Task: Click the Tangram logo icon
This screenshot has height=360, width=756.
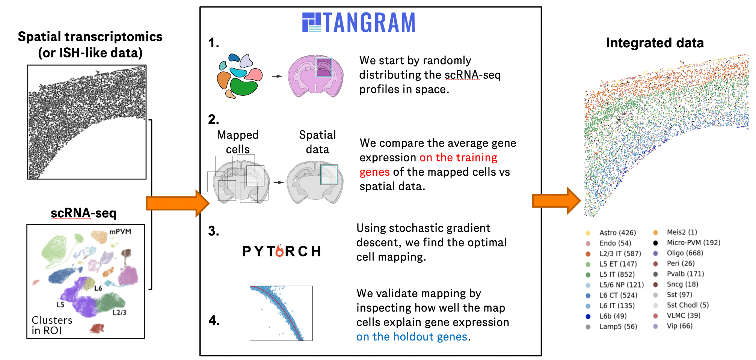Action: [x=311, y=23]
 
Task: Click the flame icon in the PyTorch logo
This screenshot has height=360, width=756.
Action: [x=279, y=251]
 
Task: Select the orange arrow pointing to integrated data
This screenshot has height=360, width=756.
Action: [x=556, y=200]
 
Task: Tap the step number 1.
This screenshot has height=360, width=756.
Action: [x=213, y=43]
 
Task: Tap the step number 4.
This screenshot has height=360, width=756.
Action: [x=214, y=320]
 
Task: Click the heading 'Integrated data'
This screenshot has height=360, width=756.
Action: [x=655, y=43]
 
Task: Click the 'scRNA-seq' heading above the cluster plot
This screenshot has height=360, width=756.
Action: [x=83, y=213]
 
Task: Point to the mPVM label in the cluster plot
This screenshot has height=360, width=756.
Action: [x=120, y=232]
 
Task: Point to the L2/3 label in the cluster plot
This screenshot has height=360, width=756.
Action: [x=119, y=312]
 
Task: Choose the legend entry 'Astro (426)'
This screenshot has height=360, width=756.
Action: [x=617, y=233]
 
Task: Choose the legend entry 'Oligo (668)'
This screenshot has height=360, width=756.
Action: [x=685, y=253]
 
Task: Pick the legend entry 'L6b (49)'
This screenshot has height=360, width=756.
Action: [x=613, y=316]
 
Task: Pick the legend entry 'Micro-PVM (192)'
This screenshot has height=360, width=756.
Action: [x=693, y=243]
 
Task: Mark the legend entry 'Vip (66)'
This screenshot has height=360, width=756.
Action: [x=679, y=326]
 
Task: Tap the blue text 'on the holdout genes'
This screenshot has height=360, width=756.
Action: [x=412, y=337]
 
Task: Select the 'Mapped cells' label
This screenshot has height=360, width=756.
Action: [x=238, y=142]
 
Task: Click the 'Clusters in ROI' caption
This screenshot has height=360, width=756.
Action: [x=52, y=325]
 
